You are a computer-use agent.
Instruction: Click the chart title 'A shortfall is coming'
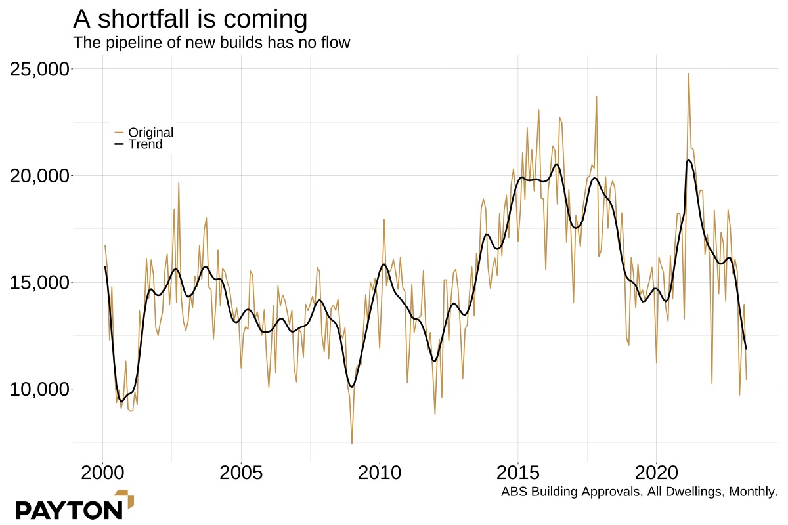pos(190,19)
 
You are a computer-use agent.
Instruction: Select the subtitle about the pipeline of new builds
pos(211,43)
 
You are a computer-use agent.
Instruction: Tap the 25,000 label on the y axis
pos(40,69)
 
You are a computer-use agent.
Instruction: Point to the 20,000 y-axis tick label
pos(40,176)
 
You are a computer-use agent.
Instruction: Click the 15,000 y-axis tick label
pos(40,283)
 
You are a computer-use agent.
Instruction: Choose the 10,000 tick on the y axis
pos(40,389)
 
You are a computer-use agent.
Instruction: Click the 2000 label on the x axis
pos(103,472)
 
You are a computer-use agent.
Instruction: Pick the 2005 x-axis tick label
pos(241,472)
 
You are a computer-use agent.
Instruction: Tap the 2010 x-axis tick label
pos(380,472)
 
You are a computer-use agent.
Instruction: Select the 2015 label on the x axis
pos(518,472)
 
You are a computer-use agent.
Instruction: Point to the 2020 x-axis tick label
pos(657,472)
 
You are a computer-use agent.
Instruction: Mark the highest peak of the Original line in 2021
pos(689,73)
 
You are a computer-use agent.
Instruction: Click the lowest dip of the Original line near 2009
pos(352,444)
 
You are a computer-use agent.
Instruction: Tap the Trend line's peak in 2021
pos(689,160)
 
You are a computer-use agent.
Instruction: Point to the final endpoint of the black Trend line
pos(746,348)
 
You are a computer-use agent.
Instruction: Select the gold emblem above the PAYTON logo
pos(125,498)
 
